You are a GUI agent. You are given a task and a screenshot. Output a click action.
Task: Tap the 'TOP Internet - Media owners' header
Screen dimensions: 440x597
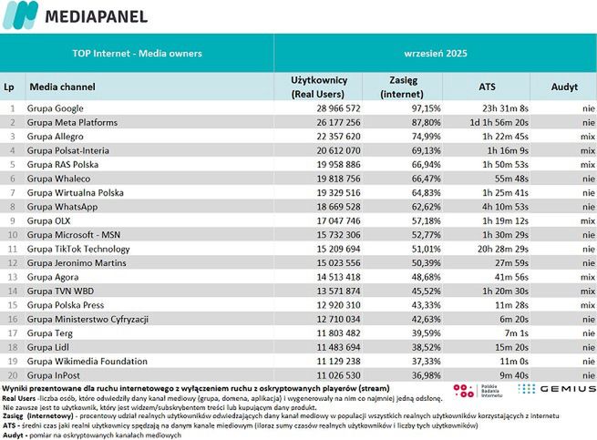(137, 54)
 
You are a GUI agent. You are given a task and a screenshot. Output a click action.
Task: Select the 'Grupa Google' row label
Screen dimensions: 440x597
(57, 108)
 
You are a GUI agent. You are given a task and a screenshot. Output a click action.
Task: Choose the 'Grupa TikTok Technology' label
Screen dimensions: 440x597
(78, 249)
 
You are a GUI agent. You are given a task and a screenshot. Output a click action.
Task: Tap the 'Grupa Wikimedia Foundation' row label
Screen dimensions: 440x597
(87, 361)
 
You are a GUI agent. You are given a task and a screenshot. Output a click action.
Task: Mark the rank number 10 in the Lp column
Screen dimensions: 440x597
(12, 234)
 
